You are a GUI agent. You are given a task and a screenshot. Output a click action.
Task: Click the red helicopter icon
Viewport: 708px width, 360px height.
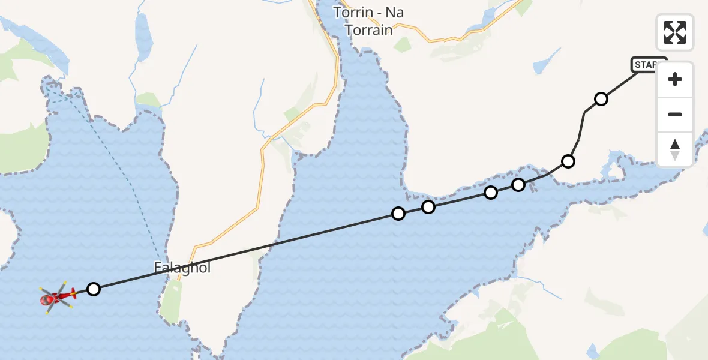(56, 296)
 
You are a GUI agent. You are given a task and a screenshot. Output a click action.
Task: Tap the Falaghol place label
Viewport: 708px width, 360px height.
(182, 268)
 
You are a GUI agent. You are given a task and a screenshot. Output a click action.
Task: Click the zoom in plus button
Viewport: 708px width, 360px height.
(675, 80)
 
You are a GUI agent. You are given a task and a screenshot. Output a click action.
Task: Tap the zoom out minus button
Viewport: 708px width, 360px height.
(675, 115)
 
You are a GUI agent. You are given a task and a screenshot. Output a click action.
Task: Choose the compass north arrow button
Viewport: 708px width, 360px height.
(675, 149)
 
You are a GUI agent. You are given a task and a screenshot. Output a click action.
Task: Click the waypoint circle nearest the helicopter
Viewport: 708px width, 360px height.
(93, 289)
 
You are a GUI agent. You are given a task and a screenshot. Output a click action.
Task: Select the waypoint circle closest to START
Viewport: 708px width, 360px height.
(601, 99)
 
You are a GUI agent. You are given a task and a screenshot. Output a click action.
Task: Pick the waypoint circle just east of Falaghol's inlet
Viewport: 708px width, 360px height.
(398, 214)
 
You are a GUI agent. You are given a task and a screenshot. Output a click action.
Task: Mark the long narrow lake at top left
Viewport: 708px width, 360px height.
(143, 36)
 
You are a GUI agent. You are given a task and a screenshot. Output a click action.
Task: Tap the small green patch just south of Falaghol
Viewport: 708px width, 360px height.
(171, 300)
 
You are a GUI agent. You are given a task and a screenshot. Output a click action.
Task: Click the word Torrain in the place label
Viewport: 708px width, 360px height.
(368, 29)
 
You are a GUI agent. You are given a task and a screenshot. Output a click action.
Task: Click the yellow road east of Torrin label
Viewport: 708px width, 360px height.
(444, 40)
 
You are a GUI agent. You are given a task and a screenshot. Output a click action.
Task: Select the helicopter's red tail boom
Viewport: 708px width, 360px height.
(68, 293)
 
